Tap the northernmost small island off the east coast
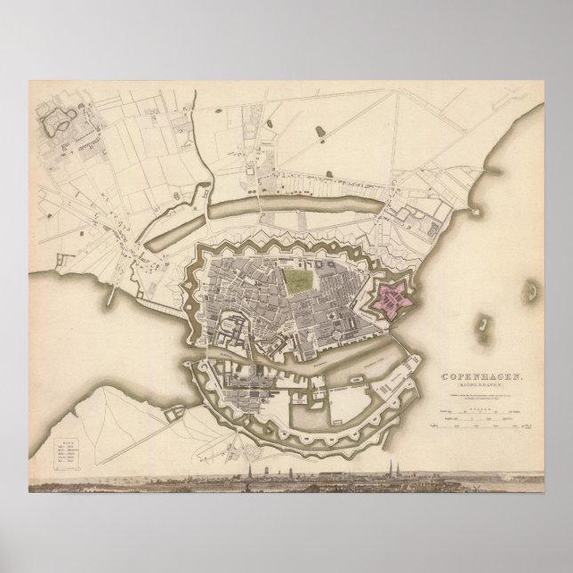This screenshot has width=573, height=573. point(531,290)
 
